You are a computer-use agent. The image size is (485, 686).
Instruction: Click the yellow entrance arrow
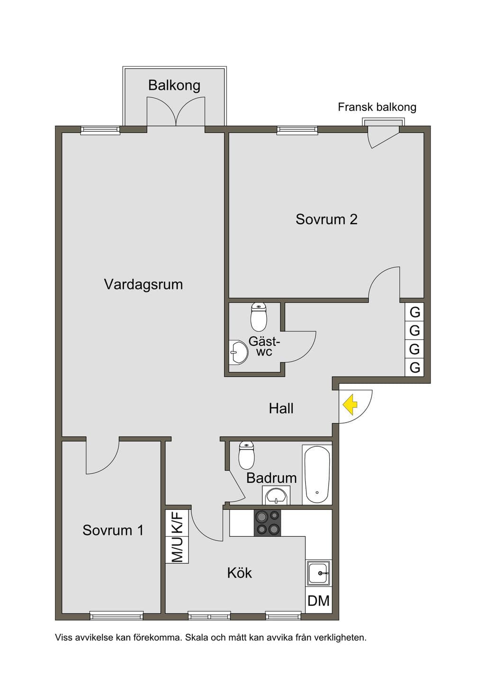click(350, 405)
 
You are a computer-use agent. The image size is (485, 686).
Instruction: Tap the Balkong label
click(174, 85)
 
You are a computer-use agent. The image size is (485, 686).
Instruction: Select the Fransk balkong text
click(377, 107)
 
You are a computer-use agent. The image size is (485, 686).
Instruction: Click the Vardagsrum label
click(144, 284)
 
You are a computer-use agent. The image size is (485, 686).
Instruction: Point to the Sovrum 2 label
click(326, 219)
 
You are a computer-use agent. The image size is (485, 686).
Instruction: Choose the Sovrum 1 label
click(113, 530)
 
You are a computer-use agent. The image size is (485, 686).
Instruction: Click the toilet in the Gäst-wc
click(259, 317)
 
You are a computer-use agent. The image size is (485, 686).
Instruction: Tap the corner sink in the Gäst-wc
click(238, 352)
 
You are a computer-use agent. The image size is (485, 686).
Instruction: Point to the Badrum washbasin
click(276, 495)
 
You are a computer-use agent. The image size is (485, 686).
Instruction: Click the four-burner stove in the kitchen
click(267, 523)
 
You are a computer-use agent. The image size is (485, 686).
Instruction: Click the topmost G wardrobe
click(414, 312)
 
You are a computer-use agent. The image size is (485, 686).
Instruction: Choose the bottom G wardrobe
click(414, 367)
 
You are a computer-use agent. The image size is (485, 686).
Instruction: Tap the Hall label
click(281, 408)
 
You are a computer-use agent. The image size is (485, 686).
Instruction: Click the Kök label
click(240, 572)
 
